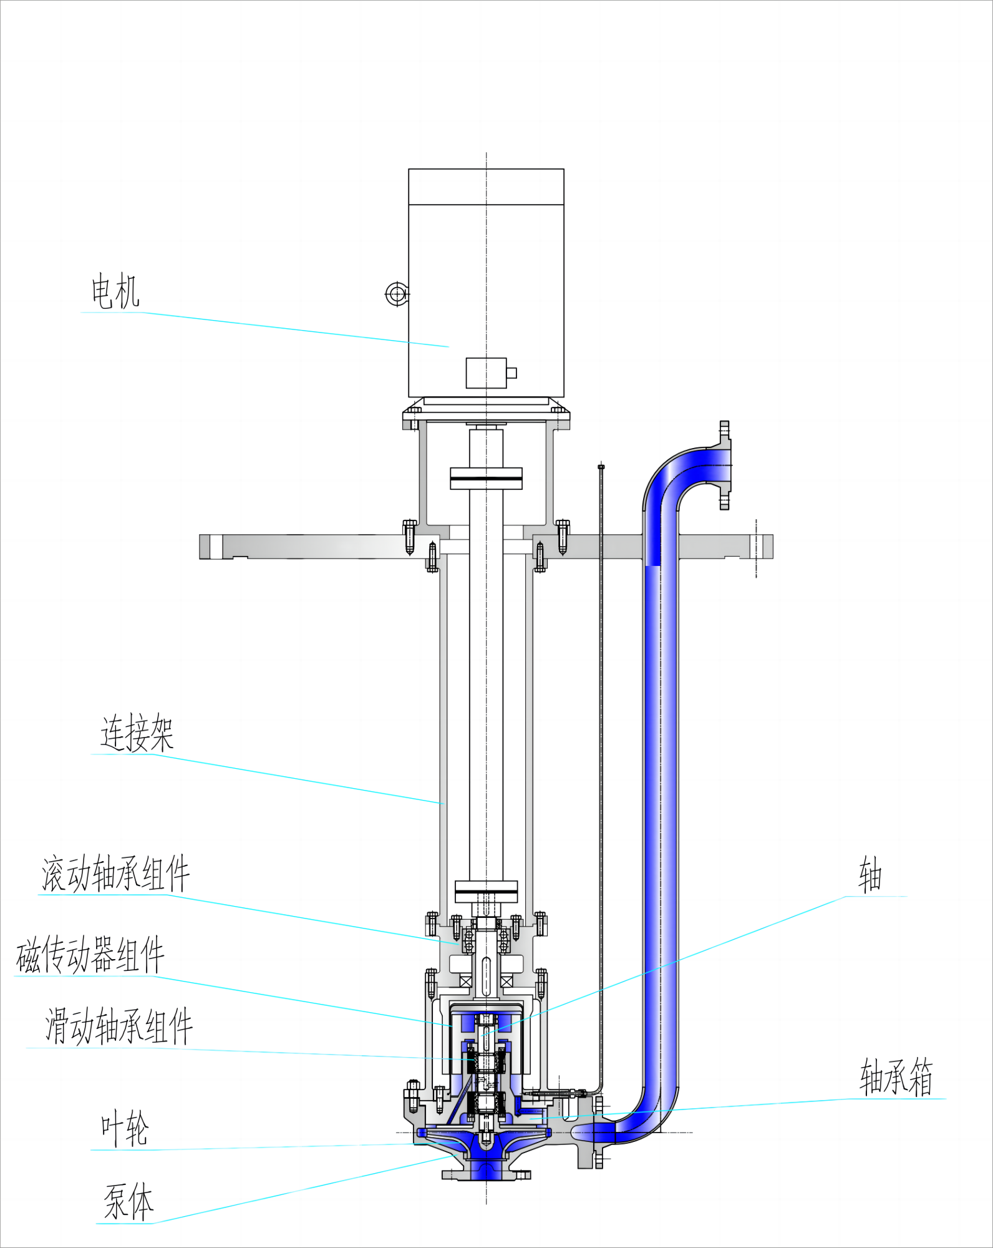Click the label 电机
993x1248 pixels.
(x=115, y=291)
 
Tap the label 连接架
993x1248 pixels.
(x=137, y=733)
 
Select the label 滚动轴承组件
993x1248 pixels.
(x=115, y=874)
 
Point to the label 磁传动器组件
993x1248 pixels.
(x=90, y=955)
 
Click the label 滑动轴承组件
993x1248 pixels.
(x=119, y=1026)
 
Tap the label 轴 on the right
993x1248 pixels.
(x=869, y=875)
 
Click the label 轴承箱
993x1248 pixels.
(x=896, y=1077)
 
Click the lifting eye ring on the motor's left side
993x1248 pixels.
(x=396, y=294)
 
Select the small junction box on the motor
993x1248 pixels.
(x=487, y=373)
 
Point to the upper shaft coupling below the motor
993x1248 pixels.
(x=486, y=479)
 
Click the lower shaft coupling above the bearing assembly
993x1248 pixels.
(x=486, y=892)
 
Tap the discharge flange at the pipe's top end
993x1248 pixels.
(x=724, y=465)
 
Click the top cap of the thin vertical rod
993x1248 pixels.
(x=601, y=466)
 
